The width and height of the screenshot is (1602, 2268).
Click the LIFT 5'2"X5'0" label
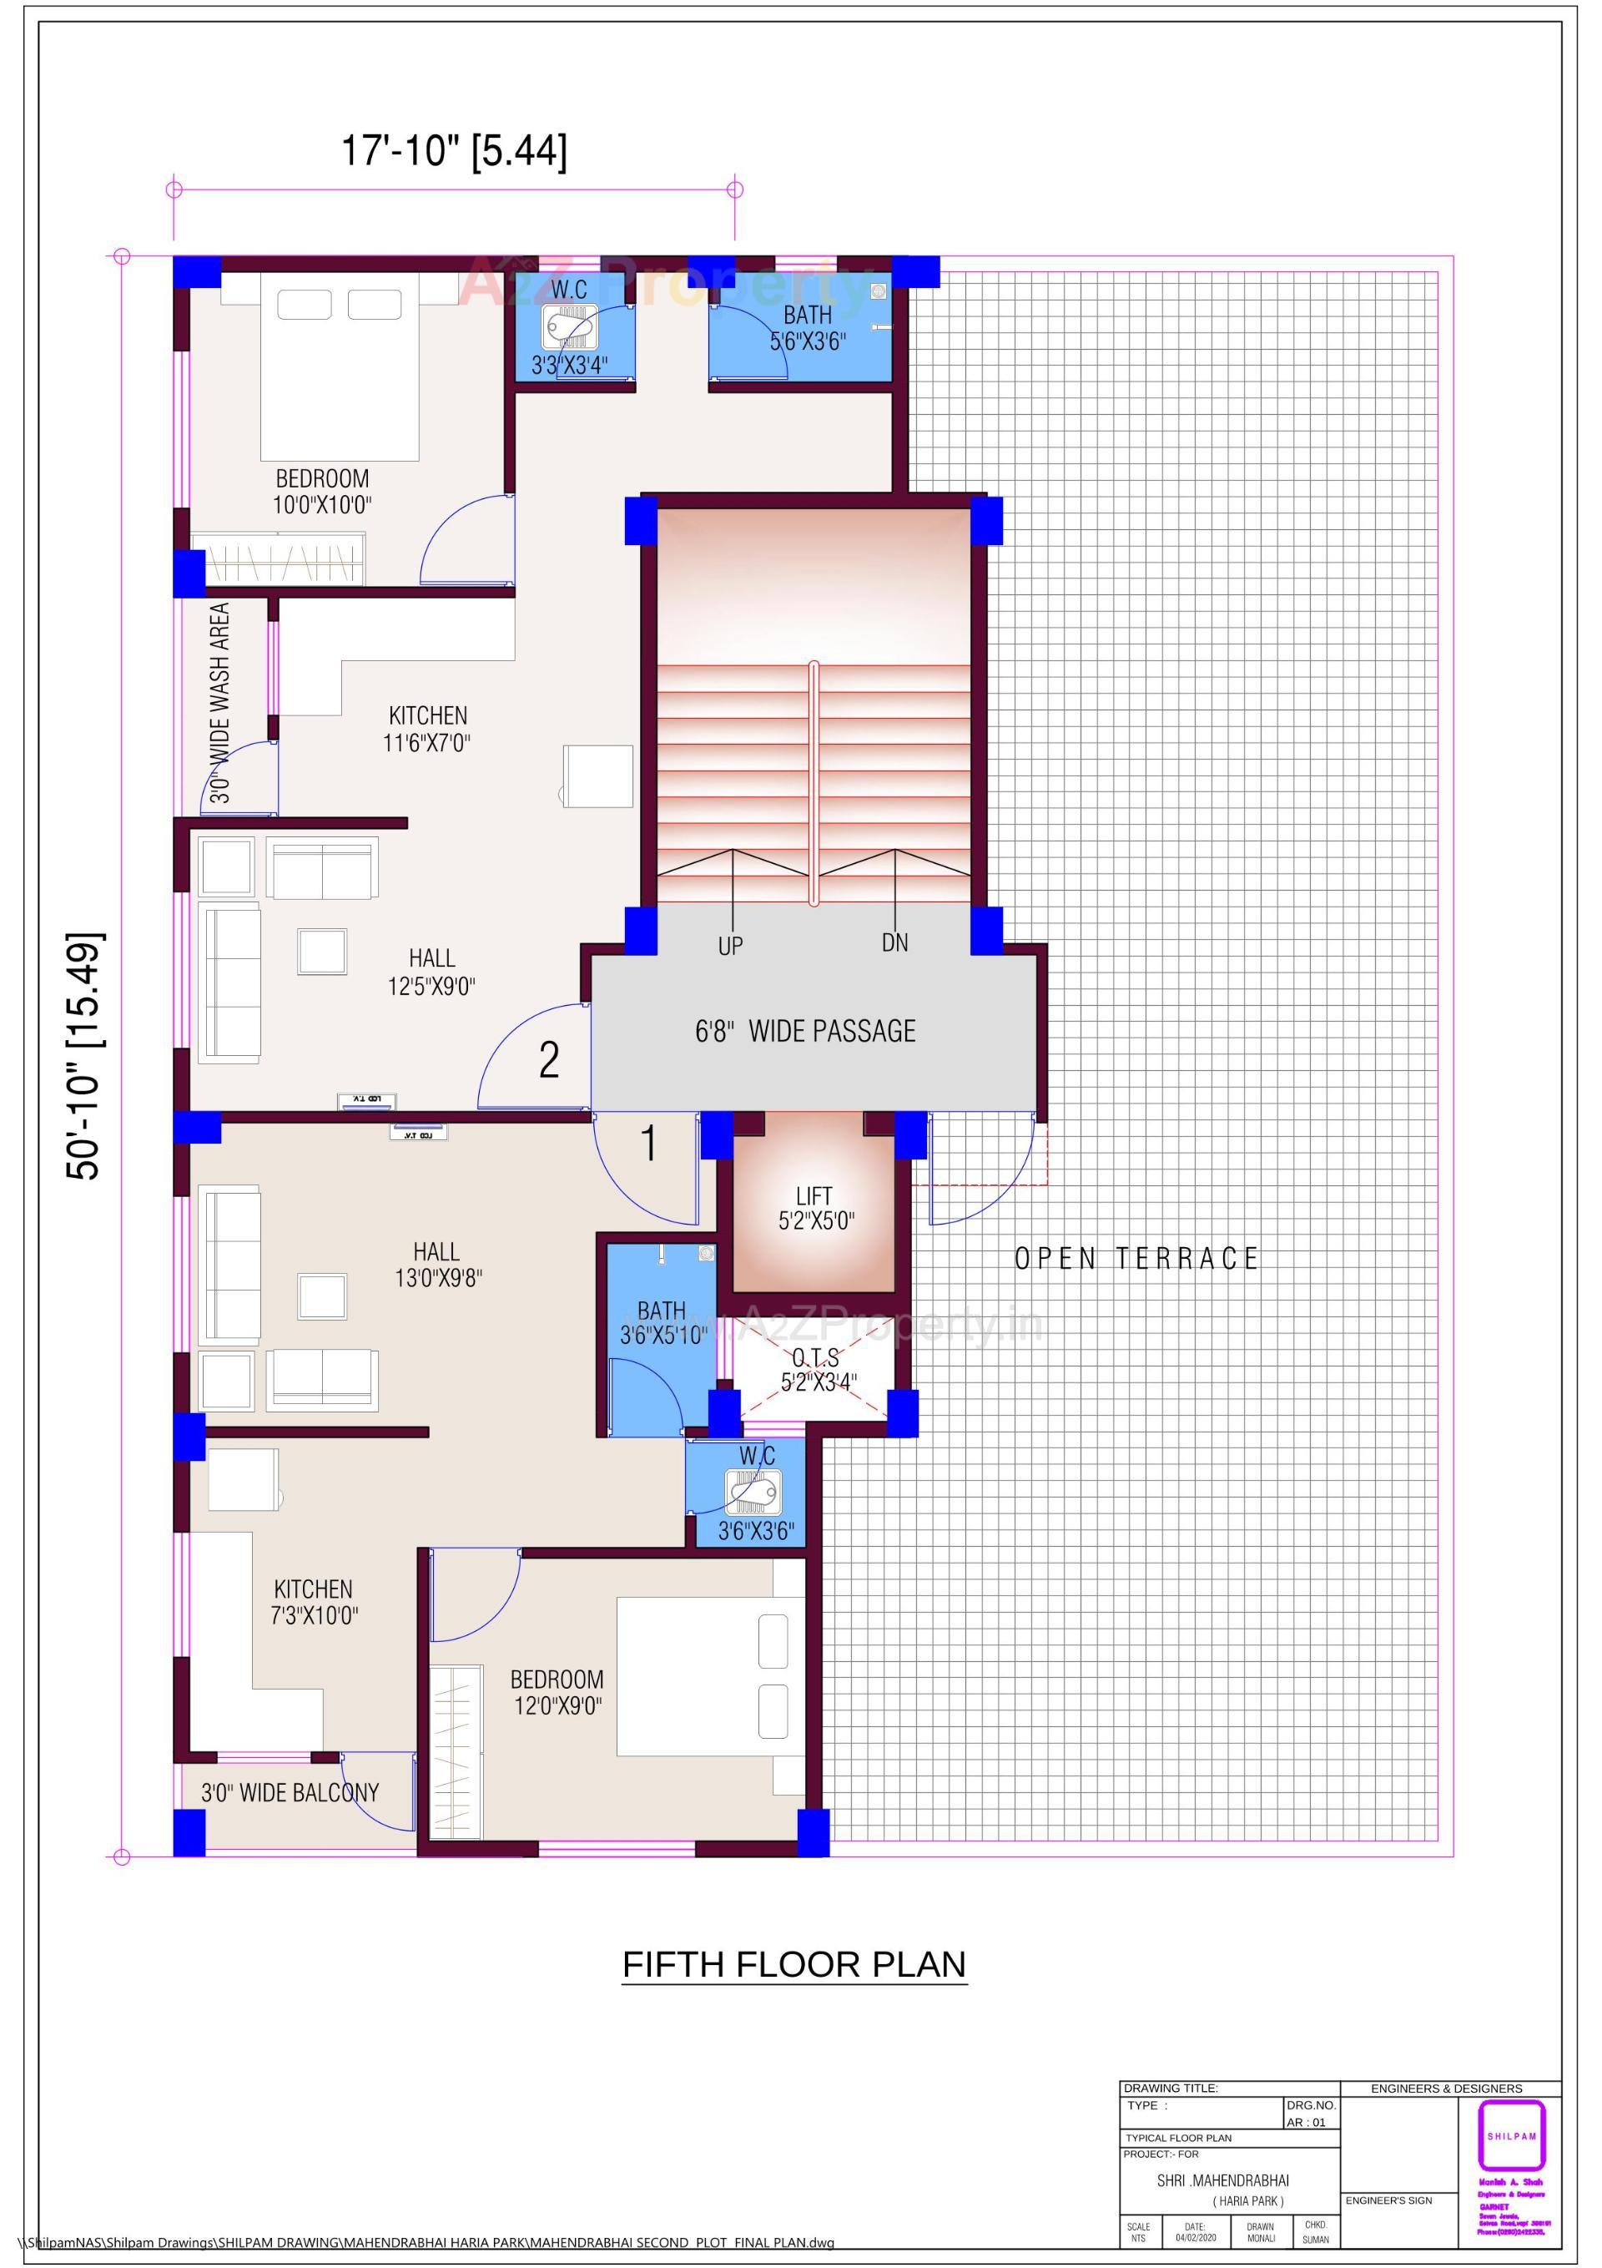815,1208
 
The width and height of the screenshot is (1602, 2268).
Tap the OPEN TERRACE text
1136,1259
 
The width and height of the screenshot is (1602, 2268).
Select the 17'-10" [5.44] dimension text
455,152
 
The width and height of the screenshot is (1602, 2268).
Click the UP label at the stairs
730,947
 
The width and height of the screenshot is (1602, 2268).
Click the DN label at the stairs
894,942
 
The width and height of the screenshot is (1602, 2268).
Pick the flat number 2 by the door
549,1060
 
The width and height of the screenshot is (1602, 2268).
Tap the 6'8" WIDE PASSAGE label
805,1031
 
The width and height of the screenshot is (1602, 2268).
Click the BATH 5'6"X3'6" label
808,328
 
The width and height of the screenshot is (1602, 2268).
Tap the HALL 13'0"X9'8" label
437,1265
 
